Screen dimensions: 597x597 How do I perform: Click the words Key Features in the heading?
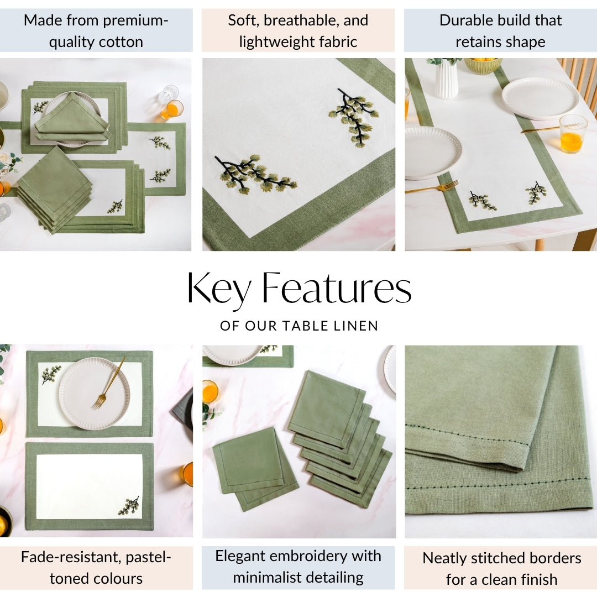point(299,289)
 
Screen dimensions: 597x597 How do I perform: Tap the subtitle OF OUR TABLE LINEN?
point(299,326)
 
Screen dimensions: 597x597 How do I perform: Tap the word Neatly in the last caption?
point(444,558)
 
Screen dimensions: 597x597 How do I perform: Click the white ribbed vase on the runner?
point(446,79)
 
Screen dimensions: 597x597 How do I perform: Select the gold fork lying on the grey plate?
point(109,383)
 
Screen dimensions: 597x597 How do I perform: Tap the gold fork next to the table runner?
point(432,188)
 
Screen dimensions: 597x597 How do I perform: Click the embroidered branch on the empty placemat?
point(128,506)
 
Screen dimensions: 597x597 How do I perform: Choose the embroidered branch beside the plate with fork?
point(51,375)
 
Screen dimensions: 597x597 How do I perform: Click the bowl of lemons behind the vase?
point(483,65)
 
